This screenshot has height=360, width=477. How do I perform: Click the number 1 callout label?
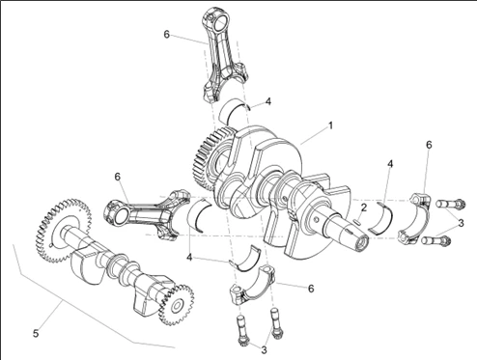click(x=330, y=125)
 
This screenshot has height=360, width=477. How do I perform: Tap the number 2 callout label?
click(x=363, y=208)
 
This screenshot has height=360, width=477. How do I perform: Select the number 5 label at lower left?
click(x=36, y=333)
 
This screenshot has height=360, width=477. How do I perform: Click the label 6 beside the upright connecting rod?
click(x=166, y=34)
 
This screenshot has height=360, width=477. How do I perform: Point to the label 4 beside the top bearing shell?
click(x=268, y=101)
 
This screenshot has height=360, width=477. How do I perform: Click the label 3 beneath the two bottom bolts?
click(x=264, y=350)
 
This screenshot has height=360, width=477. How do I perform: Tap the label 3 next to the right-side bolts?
click(x=461, y=223)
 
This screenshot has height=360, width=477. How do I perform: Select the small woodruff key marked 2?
click(x=357, y=221)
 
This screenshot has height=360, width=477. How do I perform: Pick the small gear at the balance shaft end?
click(x=177, y=304)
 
